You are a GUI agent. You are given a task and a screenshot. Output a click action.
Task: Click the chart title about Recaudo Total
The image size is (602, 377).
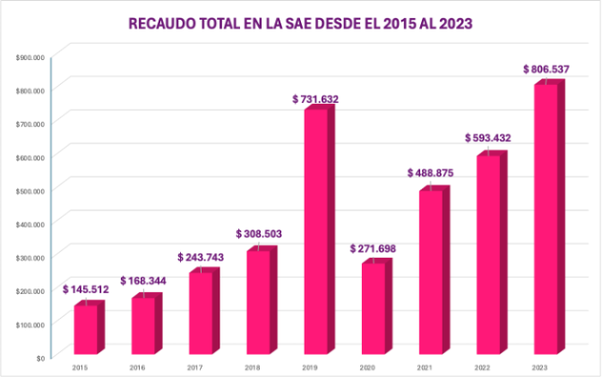pos(300,23)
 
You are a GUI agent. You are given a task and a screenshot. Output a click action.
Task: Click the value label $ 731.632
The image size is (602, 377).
pos(315,99)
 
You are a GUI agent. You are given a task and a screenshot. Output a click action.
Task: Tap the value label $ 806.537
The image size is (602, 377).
pos(546,69)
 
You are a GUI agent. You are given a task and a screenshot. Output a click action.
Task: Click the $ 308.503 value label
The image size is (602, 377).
pos(259,234)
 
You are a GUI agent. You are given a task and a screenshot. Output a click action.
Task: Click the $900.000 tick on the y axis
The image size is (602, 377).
pos(30,56)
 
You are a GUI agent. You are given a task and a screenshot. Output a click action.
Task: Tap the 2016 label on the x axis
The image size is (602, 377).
pos(138,367)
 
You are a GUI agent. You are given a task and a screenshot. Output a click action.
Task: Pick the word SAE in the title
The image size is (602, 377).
pos(271,23)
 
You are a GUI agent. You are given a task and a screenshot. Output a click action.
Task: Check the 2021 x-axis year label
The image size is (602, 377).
pos(426,367)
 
